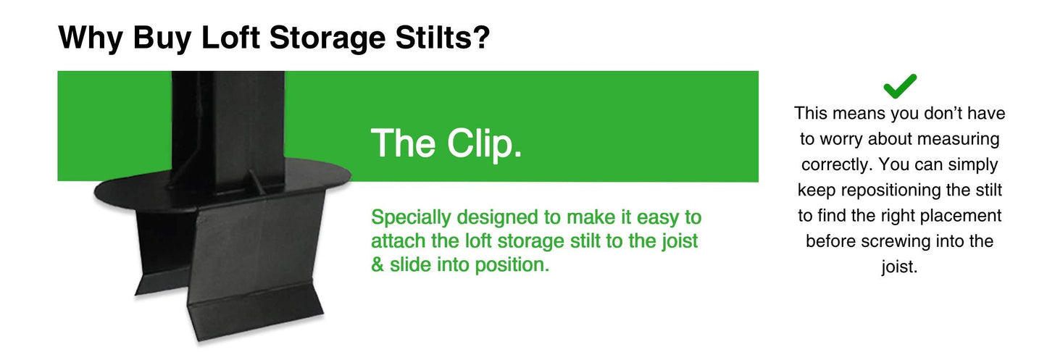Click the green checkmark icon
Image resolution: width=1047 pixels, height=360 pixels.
900,86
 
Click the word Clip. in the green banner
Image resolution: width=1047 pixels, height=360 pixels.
484,143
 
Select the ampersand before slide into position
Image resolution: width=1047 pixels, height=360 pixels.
377,264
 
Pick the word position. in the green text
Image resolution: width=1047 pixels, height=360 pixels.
512,264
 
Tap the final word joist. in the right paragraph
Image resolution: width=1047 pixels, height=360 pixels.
900,267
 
